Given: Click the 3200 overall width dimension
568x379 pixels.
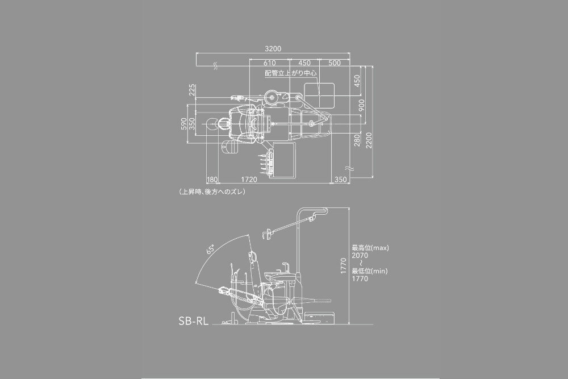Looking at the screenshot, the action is [x=273, y=48].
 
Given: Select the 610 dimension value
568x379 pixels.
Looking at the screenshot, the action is [x=269, y=63].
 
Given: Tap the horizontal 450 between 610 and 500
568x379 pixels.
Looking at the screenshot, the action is [x=304, y=63].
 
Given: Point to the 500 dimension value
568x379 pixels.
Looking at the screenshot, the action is [x=335, y=63].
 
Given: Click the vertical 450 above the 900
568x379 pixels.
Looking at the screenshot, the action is [x=357, y=81].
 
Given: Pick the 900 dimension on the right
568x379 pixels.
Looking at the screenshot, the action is [x=361, y=105].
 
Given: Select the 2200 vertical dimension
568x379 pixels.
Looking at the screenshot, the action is [x=369, y=140].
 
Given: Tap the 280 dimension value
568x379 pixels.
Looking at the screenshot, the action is [x=357, y=140].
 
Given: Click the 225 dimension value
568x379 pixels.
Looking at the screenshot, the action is [x=192, y=90].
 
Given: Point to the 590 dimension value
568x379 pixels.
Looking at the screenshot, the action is [x=184, y=123].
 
